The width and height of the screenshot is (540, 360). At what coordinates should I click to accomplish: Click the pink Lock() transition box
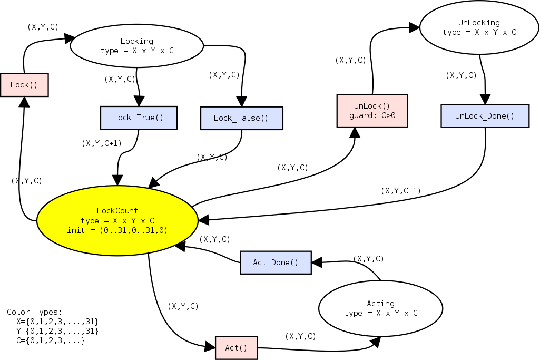(24, 85)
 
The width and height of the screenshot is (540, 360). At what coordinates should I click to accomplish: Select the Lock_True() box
(139, 118)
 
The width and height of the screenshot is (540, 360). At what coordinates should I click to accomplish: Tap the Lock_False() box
(241, 118)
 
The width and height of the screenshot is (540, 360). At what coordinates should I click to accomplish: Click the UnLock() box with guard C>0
(372, 111)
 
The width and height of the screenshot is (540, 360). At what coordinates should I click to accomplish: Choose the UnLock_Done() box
(485, 116)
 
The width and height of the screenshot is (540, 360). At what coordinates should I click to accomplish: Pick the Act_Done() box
(276, 262)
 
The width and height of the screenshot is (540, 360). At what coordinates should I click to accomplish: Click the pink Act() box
(236, 348)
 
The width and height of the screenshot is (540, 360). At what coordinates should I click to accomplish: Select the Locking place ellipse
(136, 46)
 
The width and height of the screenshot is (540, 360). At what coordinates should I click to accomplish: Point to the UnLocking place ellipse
(479, 27)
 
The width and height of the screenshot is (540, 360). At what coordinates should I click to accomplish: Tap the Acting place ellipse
(380, 308)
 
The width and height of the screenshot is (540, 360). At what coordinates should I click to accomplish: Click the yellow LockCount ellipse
(117, 220)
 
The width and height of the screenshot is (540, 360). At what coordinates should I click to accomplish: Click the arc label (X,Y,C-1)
(400, 191)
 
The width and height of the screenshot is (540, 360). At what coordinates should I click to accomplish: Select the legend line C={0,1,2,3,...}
(51, 340)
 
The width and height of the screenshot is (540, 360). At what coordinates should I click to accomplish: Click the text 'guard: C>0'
(372, 115)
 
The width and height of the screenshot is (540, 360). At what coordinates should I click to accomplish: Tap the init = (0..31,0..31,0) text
(117, 230)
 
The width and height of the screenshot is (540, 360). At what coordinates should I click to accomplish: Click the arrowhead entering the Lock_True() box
(140, 102)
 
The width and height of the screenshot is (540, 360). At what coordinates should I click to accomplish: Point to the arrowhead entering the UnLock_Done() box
(485, 100)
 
